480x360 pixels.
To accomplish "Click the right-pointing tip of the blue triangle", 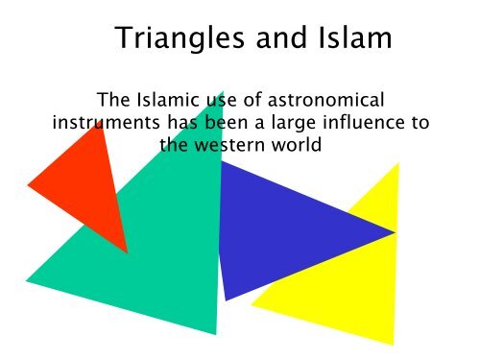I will point(395,231).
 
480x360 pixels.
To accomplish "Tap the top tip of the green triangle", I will point(224,94).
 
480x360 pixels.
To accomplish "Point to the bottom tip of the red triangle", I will point(127,252).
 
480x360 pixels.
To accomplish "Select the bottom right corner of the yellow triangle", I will point(394,344).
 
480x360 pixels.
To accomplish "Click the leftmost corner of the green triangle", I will point(27,281).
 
